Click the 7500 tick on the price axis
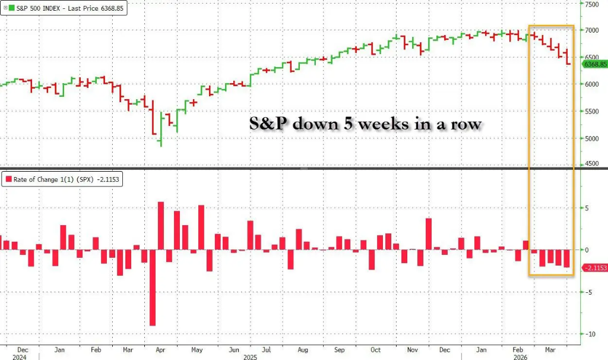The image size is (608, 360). click(591, 4)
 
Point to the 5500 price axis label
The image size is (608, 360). click(591, 111)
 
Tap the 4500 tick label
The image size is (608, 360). click(591, 165)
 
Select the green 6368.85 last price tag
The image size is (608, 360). click(594, 64)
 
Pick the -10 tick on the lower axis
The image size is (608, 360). click(590, 334)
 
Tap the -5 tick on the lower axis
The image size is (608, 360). click(588, 292)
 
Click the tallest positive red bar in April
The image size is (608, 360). click(161, 226)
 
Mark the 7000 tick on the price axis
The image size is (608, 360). click(591, 30)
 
